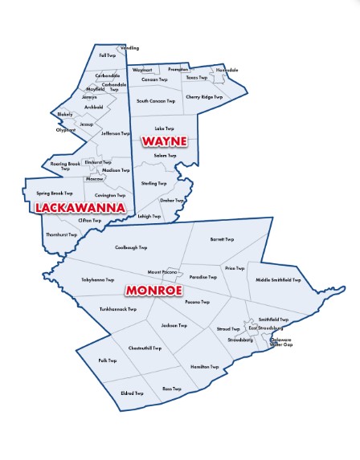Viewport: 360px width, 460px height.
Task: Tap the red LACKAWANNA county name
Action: [x=79, y=208]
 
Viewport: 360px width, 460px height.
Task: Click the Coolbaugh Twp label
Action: [x=131, y=248]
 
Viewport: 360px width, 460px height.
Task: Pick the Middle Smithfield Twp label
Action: [x=278, y=280]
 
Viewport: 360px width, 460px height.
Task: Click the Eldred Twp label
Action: [x=132, y=393]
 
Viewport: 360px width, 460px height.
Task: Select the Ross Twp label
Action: [x=172, y=389]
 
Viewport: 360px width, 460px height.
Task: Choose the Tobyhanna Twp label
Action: [x=98, y=280]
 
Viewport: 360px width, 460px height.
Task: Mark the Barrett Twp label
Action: [x=222, y=239]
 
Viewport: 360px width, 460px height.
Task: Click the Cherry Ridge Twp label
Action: [x=203, y=97]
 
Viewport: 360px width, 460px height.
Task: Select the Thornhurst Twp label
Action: [x=62, y=234]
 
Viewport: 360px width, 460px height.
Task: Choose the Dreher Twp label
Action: [x=172, y=201]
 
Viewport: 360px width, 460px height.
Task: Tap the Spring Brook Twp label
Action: [x=55, y=193]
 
